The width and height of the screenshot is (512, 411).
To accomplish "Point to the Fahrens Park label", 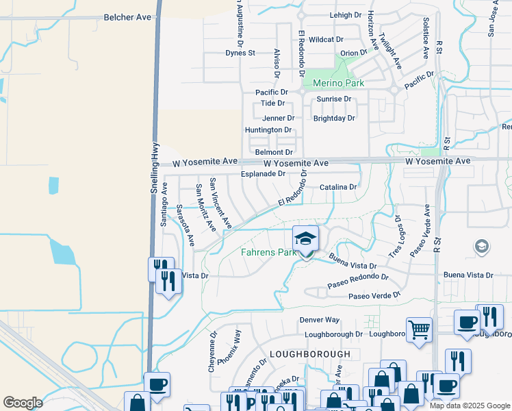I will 268,252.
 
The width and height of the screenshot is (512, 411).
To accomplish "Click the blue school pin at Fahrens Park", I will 305,240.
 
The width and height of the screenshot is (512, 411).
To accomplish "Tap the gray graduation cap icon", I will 481,246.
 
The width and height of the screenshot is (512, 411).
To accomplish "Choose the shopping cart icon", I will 418,329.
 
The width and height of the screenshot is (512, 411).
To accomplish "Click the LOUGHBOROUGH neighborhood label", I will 310,353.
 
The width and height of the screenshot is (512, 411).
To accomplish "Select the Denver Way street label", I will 320,320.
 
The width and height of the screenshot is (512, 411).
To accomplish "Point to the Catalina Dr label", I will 338,187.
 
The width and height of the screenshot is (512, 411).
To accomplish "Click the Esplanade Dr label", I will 263,174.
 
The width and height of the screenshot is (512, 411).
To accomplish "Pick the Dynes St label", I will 240,53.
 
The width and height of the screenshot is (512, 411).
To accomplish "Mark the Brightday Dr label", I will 334,118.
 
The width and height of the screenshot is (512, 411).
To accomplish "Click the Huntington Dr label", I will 268,130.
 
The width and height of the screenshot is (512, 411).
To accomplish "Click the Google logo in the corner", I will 23,403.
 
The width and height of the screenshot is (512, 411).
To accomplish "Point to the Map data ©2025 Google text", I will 470,406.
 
